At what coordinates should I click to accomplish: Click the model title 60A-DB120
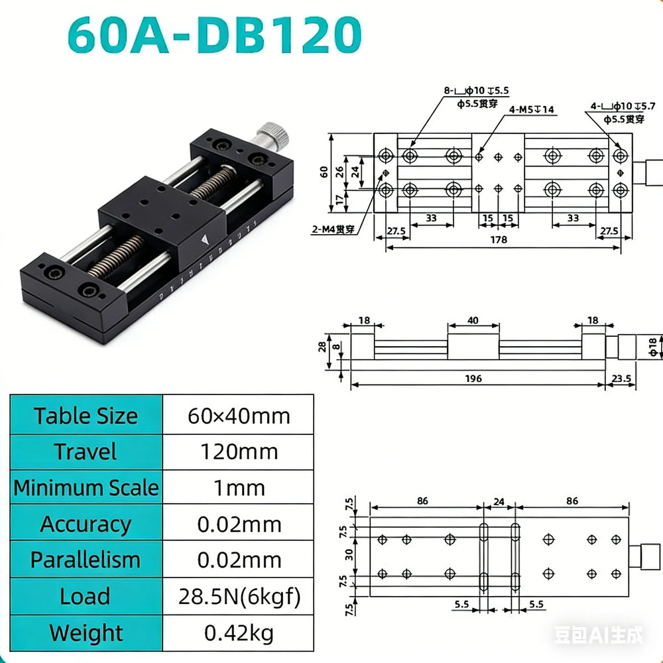(214, 34)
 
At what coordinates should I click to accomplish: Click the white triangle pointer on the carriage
(205, 240)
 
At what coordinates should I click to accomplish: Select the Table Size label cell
(86, 415)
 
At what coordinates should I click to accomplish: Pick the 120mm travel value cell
(239, 452)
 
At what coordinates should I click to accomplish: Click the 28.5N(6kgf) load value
(239, 596)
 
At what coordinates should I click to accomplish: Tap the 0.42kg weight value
(239, 633)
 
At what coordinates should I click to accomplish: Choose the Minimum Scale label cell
(86, 487)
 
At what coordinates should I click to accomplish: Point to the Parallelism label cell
(86, 560)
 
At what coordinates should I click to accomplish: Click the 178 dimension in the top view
(499, 240)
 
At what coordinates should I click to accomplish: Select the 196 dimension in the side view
(473, 379)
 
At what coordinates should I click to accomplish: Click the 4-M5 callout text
(531, 109)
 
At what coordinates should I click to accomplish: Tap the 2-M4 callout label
(333, 229)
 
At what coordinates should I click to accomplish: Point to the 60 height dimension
(324, 172)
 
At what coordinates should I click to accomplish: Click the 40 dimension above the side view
(473, 320)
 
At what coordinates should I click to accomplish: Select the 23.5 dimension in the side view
(621, 378)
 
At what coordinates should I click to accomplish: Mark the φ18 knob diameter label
(653, 347)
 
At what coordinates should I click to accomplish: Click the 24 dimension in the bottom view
(499, 501)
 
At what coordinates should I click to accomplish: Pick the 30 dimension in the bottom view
(349, 554)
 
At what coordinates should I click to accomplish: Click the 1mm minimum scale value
(239, 487)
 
